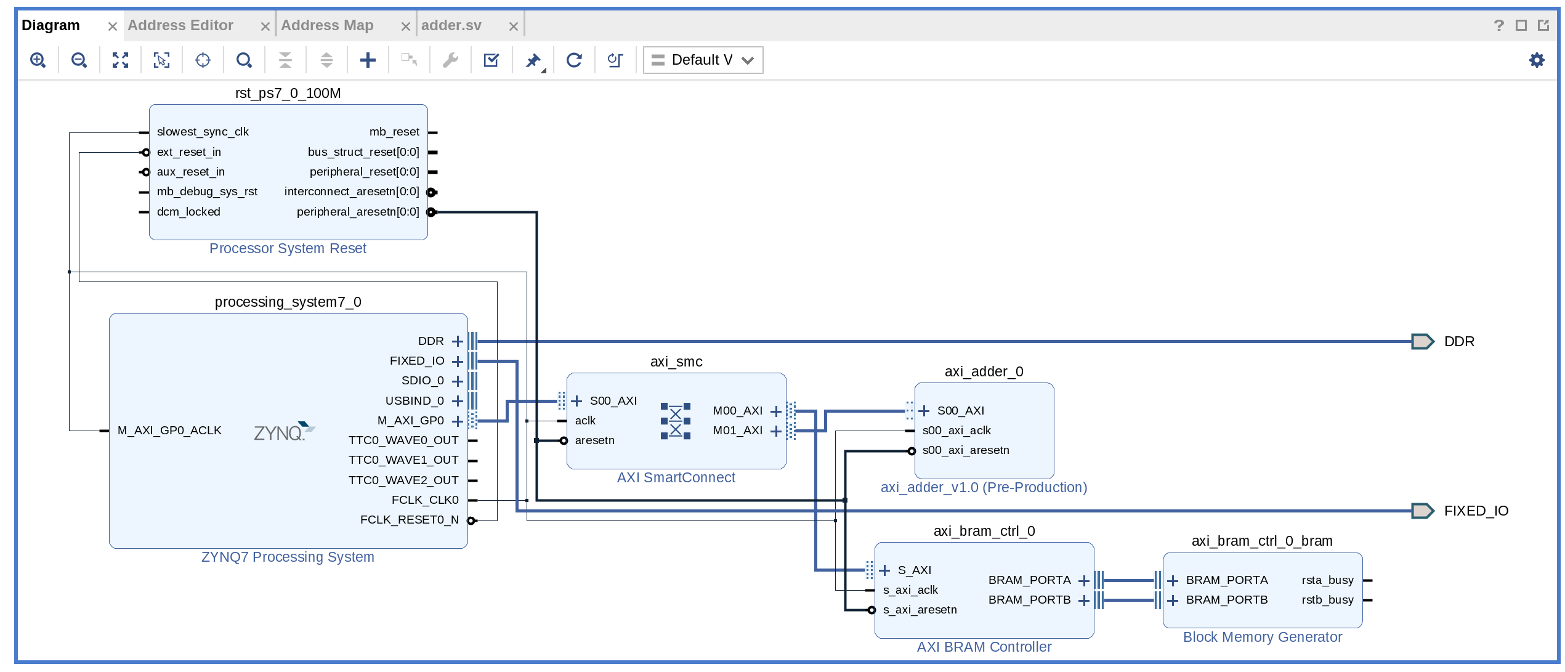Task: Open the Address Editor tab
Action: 180,25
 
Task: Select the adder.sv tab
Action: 451,25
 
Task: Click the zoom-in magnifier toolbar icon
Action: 38,60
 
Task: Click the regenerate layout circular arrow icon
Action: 574,60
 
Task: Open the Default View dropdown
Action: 703,60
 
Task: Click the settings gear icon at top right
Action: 1537,60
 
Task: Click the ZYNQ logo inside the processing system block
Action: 283,432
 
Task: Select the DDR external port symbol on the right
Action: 1422,341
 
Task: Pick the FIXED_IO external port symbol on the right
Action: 1422,511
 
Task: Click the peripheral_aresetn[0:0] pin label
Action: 358,212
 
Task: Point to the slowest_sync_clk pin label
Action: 203,132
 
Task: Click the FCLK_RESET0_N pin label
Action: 409,520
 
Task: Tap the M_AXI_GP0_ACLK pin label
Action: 169,431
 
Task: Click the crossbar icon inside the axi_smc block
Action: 675,421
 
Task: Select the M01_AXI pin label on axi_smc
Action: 737,431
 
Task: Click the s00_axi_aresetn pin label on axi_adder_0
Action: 966,450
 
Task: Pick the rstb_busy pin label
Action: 1327,600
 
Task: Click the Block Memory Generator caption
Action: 1262,637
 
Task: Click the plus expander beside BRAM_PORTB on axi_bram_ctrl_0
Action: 1084,601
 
